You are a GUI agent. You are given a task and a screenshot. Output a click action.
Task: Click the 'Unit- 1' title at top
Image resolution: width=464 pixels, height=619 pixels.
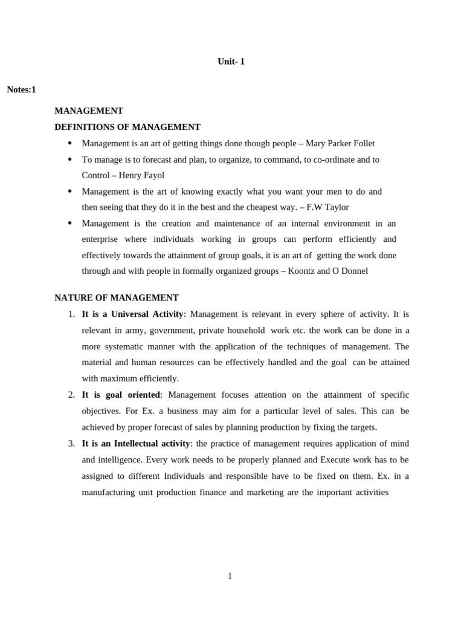click(231, 62)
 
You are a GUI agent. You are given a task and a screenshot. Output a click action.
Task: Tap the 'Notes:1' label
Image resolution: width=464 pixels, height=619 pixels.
click(22, 90)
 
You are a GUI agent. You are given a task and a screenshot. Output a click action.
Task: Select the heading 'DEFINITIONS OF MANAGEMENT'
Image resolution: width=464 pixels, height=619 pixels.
click(127, 127)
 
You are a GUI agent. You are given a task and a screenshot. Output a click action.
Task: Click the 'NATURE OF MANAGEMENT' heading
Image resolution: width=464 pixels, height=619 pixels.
click(117, 298)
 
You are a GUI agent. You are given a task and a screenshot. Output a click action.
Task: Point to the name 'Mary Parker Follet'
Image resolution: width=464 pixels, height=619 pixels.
click(340, 143)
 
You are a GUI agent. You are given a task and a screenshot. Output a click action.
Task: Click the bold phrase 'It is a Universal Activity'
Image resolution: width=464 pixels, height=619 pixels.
click(132, 314)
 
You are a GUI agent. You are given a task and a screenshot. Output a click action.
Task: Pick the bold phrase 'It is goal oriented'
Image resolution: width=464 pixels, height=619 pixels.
click(121, 395)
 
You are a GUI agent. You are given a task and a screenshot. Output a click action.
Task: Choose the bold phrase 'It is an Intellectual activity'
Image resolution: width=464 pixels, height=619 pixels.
click(136, 444)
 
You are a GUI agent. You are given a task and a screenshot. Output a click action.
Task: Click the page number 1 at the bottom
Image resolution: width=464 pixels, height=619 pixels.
click(230, 576)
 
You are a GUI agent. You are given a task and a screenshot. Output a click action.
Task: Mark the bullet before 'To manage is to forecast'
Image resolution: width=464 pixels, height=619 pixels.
click(69, 160)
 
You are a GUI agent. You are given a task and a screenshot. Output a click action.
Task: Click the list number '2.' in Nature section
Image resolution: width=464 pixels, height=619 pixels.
click(71, 395)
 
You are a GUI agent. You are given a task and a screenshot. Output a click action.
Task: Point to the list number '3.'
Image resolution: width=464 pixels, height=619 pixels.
click(71, 444)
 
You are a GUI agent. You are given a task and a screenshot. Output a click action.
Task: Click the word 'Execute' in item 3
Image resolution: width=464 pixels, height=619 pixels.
click(339, 460)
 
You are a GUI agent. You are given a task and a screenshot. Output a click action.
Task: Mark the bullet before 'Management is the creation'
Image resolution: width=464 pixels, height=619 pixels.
click(69, 224)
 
